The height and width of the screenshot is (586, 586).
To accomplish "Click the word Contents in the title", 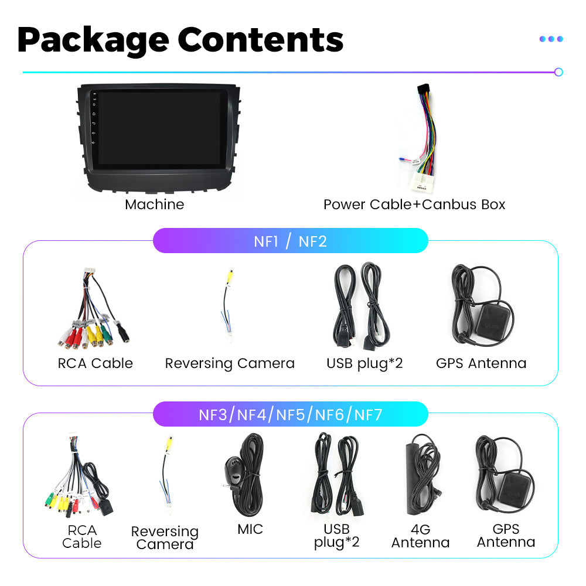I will pyautogui.click(x=260, y=39).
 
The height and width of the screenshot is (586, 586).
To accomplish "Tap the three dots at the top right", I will pyautogui.click(x=551, y=39).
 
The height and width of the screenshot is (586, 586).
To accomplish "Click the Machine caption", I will pyautogui.click(x=154, y=205).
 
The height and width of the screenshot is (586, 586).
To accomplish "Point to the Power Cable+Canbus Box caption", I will pyautogui.click(x=414, y=205).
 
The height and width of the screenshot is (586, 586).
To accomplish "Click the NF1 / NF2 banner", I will pyautogui.click(x=290, y=241).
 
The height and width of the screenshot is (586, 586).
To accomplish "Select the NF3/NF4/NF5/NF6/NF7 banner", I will pyautogui.click(x=290, y=415).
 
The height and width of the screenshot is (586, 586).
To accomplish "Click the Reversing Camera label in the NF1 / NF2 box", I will pyautogui.click(x=229, y=363).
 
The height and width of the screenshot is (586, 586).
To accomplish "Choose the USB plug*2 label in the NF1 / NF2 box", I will pyautogui.click(x=364, y=363).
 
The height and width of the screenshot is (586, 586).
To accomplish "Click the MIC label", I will pyautogui.click(x=250, y=529).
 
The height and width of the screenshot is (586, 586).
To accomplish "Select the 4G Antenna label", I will pyautogui.click(x=420, y=536).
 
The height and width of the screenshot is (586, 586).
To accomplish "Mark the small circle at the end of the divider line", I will pyautogui.click(x=558, y=72).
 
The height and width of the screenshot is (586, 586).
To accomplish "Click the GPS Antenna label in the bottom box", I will pyautogui.click(x=506, y=536).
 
